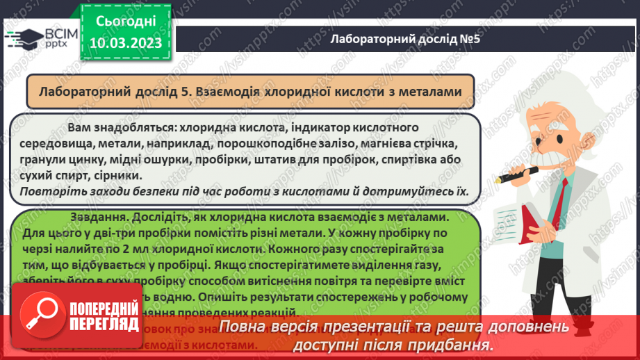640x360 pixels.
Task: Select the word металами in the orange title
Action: click(429, 91)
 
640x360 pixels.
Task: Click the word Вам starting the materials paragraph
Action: click(79, 128)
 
